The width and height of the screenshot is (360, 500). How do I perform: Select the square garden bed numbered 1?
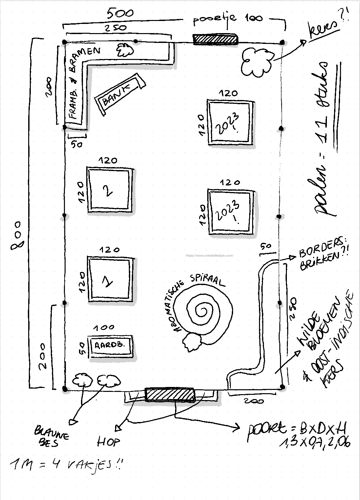[x=110, y=279]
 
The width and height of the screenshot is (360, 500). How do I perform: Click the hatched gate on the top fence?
[x=215, y=39]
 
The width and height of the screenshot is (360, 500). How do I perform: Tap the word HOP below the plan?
[x=109, y=442]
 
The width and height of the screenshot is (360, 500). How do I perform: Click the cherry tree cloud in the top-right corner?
[x=257, y=62]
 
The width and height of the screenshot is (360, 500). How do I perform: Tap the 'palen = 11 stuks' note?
[x=325, y=138]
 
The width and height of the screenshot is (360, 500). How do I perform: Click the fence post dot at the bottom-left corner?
[x=65, y=389]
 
